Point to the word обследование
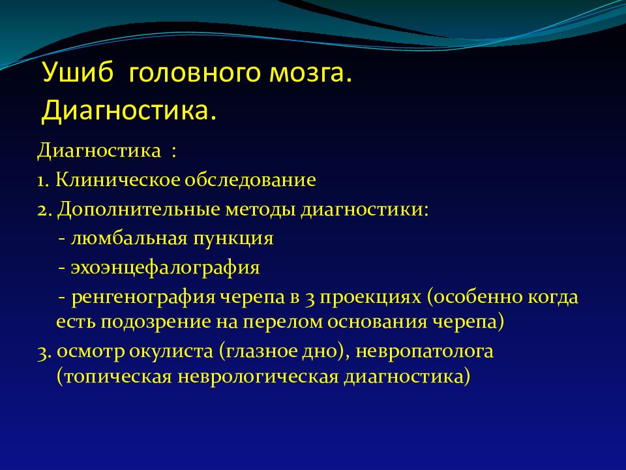250,180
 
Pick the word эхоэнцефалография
165,268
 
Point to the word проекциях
370,298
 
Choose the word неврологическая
258,377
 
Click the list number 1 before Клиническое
43,181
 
